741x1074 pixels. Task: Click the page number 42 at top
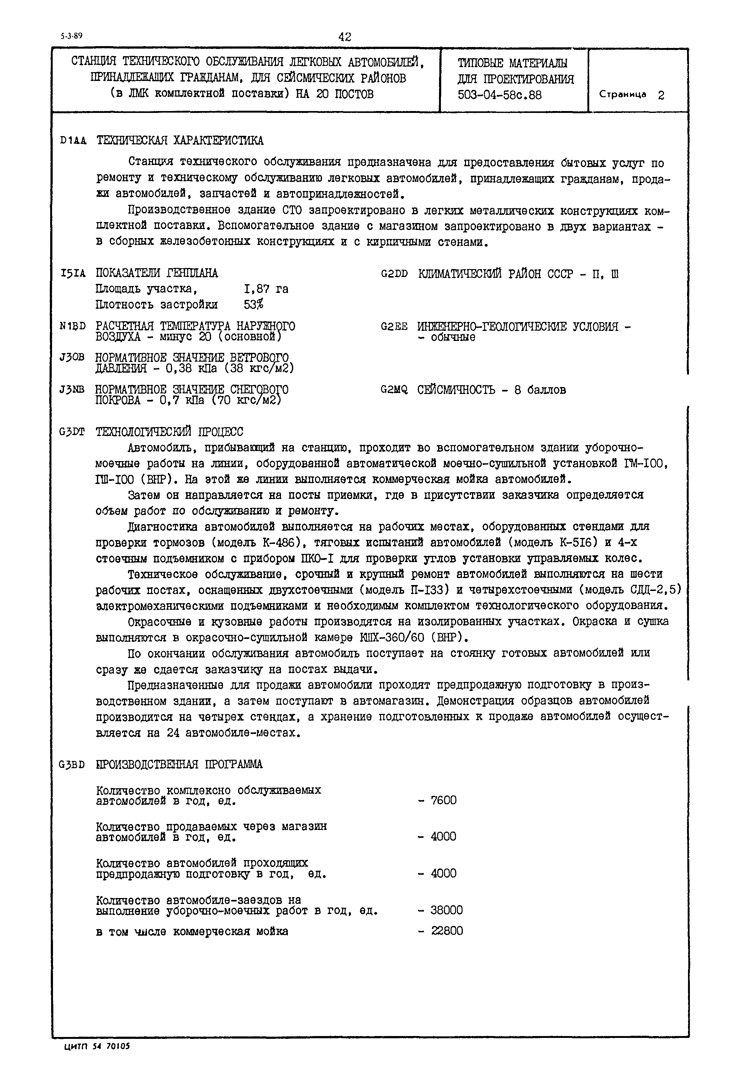pyautogui.click(x=345, y=37)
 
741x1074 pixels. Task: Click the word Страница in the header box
pyautogui.click(x=622, y=94)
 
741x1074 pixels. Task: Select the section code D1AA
pyautogui.click(x=73, y=141)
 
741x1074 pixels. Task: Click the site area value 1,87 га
pyautogui.click(x=266, y=289)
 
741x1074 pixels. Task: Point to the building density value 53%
pyautogui.click(x=253, y=305)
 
